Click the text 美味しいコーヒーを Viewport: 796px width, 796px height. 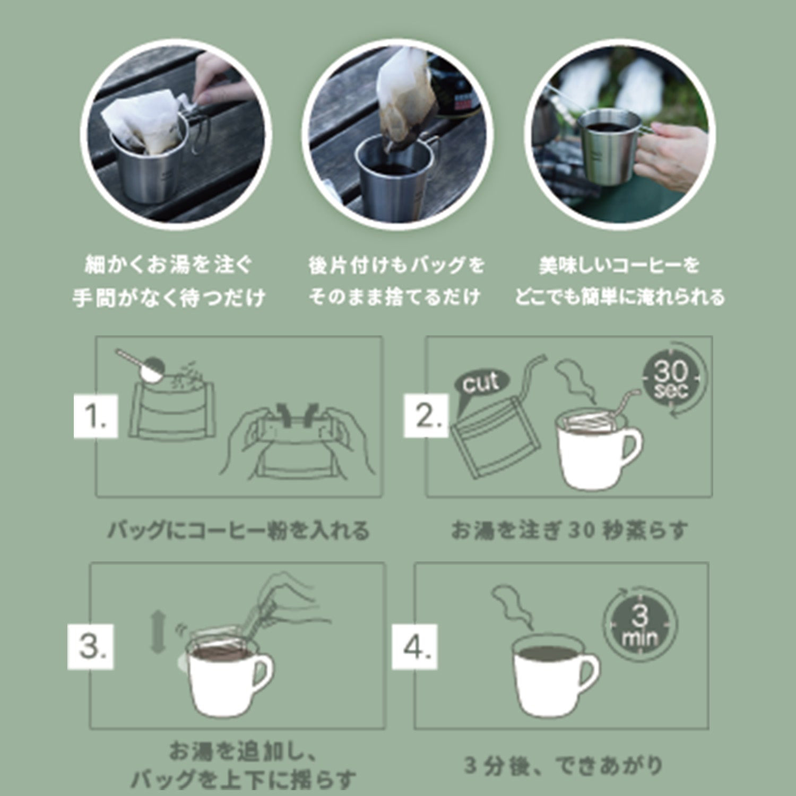pyautogui.click(x=619, y=265)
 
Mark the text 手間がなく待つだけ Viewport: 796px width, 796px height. pyautogui.click(x=169, y=298)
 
